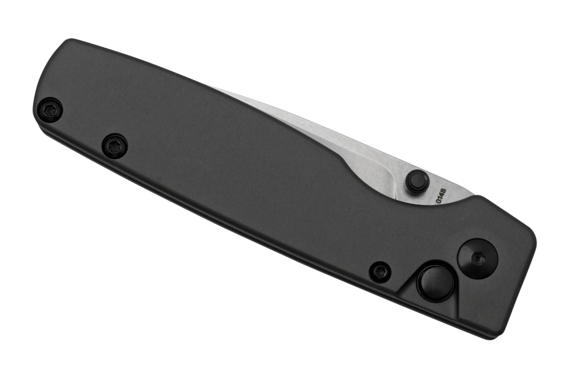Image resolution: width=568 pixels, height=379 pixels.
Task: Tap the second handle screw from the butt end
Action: [x=114, y=146]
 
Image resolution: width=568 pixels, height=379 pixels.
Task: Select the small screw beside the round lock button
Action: [x=379, y=272]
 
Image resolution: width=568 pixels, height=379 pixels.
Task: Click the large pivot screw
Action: [x=477, y=259]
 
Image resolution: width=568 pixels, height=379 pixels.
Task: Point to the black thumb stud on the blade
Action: [x=417, y=182]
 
